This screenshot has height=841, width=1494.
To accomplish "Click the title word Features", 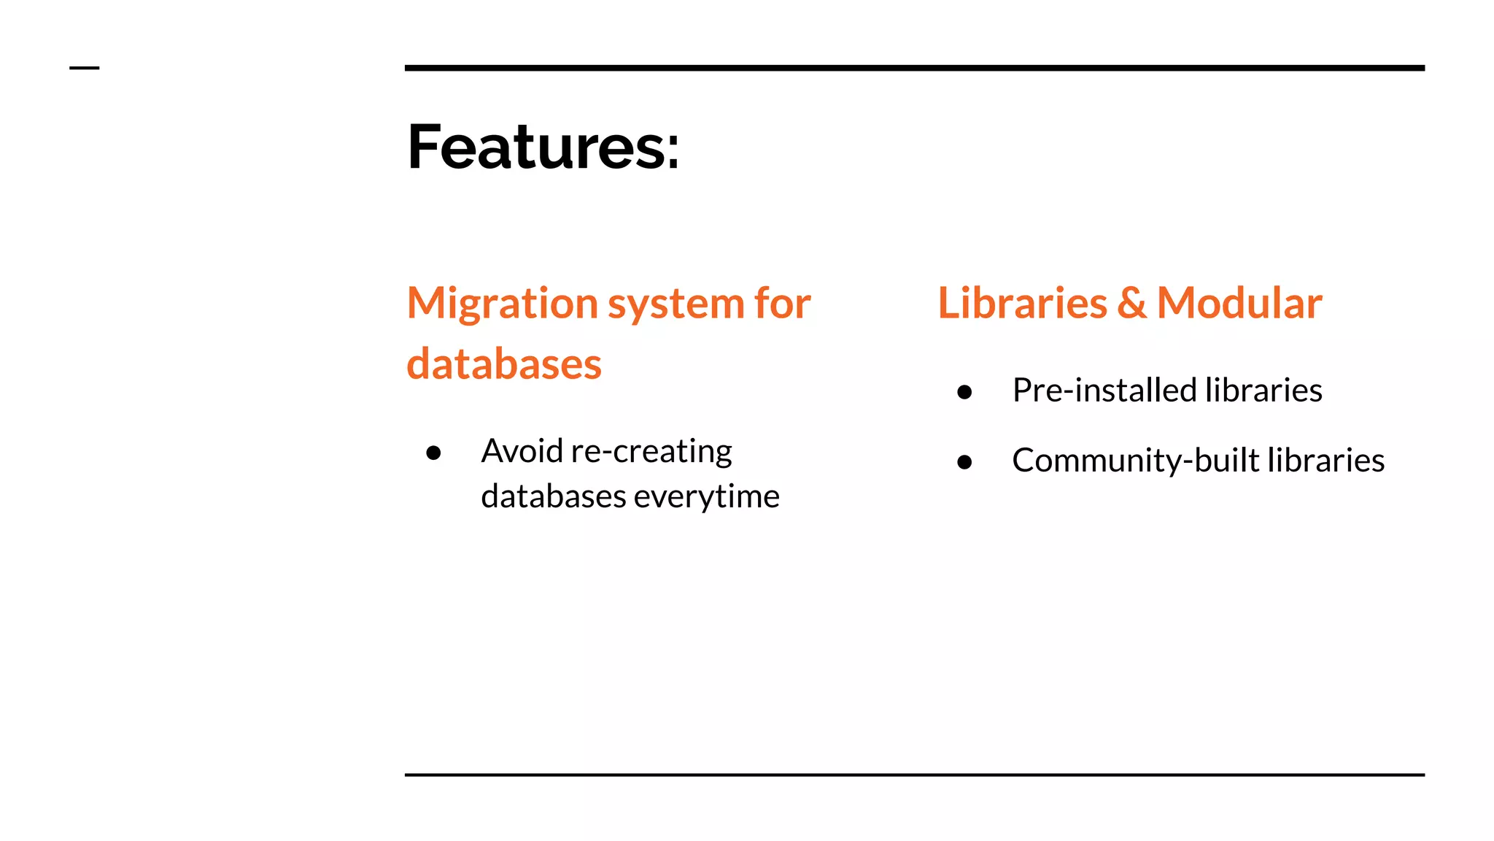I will pyautogui.click(x=535, y=147).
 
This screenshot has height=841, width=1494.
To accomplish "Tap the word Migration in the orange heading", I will pyautogui.click(x=502, y=304).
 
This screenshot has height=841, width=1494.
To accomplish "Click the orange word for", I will pyautogui.click(x=783, y=303).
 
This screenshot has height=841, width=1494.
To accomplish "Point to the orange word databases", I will pyautogui.click(x=503, y=364).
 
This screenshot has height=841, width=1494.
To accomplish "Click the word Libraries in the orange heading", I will pyautogui.click(x=1021, y=303).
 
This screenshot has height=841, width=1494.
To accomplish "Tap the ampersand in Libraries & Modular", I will pyautogui.click(x=1131, y=304).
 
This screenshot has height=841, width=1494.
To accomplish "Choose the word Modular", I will pyautogui.click(x=1239, y=303).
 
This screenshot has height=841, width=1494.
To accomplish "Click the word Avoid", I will pyautogui.click(x=522, y=451).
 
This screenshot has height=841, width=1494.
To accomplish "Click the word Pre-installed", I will pyautogui.click(x=1104, y=391).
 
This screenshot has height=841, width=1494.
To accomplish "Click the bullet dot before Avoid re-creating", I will pyautogui.click(x=433, y=453).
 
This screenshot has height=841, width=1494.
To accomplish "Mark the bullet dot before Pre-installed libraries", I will pyautogui.click(x=964, y=393).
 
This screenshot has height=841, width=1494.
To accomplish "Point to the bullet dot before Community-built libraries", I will pyautogui.click(x=964, y=462).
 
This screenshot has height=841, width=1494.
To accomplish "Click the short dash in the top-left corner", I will pyautogui.click(x=84, y=68).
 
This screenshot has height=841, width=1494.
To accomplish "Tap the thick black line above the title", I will pyautogui.click(x=914, y=68).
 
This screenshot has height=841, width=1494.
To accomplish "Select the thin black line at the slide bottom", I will pyautogui.click(x=914, y=775).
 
